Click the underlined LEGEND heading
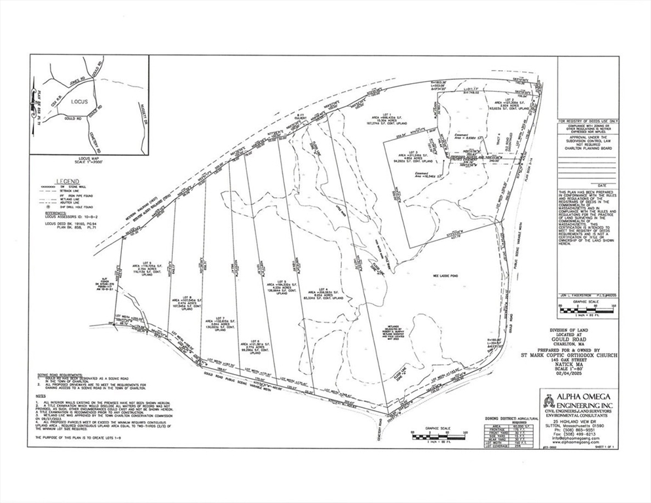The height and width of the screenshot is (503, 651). tap(67, 181)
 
